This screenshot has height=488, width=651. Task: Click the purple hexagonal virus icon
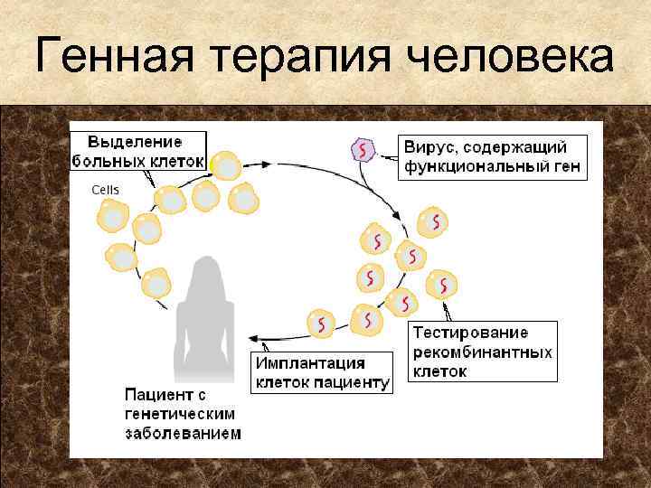(363, 150)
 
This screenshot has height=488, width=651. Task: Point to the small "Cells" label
(105, 190)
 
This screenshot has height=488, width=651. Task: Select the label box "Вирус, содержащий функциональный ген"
(492, 156)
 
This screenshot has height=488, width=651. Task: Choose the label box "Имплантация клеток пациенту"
(322, 372)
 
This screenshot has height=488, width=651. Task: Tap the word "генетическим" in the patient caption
(179, 413)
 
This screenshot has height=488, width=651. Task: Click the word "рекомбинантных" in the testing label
(482, 352)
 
